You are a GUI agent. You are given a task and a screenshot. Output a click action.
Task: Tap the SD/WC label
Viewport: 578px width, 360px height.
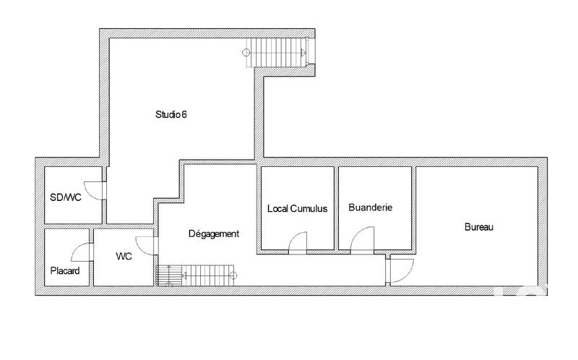pos(65,197)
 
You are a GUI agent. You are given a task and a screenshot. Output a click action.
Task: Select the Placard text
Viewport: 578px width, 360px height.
pos(64,271)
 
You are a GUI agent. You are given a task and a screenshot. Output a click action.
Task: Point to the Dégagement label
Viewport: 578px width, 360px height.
pos(213,233)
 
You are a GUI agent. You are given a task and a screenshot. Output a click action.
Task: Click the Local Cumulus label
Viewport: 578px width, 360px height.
pos(297,209)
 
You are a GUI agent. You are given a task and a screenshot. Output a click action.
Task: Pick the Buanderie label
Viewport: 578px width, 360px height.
pos(370,207)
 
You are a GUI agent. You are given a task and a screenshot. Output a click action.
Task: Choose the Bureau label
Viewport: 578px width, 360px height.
pos(478,227)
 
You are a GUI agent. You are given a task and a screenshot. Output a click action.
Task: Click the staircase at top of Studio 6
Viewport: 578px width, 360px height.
pos(280,51)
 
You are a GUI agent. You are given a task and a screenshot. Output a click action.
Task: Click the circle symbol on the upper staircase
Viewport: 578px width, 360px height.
pos(246,51)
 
